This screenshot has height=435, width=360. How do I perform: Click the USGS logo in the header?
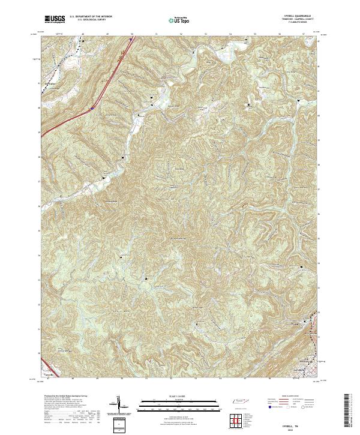pos(54,19)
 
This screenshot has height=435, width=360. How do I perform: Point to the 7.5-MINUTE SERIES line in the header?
pos(293,23)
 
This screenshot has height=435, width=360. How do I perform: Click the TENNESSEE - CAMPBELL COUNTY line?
pos(293,19)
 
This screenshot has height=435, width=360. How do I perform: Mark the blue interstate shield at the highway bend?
pos(92,108)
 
